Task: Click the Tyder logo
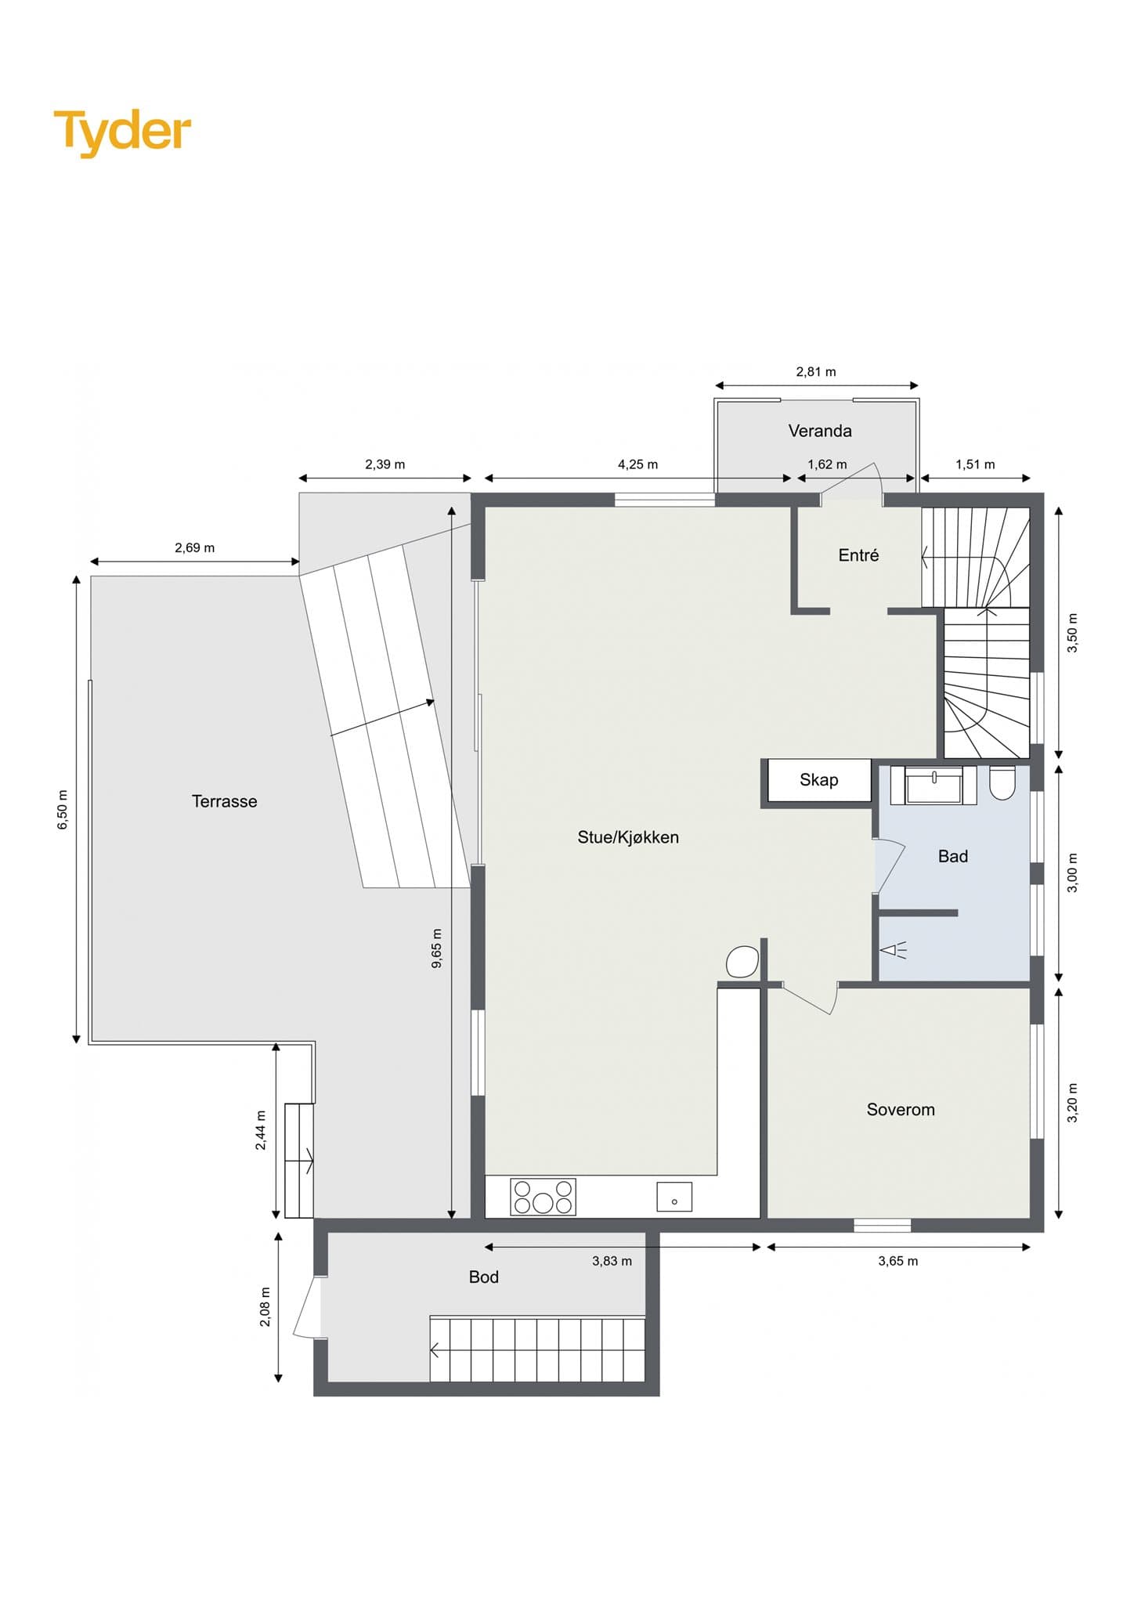pos(122,132)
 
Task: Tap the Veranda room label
pos(819,431)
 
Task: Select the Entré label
pos(858,555)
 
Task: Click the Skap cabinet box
pos(819,780)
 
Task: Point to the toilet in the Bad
pos(1002,783)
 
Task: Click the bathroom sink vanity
pos(934,786)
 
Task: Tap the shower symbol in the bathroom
pos(894,951)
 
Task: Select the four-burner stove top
pos(543,1197)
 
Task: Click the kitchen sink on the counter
pos(674,1197)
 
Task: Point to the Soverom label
pos(901,1110)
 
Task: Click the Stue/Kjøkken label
pos(628,837)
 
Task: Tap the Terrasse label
pos(224,801)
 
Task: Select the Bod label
pos(483,1277)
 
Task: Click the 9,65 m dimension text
pos(437,948)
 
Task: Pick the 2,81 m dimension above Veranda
pos(816,372)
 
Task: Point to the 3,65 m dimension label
pos(897,1261)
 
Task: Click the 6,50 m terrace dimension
pos(63,810)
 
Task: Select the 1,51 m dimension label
pos(975,464)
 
